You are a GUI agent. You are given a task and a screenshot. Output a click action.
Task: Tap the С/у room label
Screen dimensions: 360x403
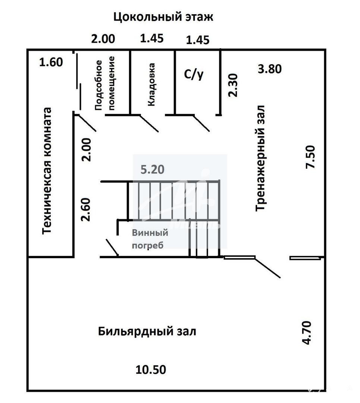coord(194,74)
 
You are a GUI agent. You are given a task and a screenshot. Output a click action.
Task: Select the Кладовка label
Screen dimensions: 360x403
coord(151,85)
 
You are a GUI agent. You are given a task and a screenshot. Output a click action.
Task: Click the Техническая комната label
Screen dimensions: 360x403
coord(47,171)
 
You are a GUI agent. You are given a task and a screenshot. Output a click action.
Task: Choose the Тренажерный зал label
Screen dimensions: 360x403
coord(260,158)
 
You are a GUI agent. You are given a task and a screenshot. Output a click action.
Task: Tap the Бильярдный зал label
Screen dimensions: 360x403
coord(147,331)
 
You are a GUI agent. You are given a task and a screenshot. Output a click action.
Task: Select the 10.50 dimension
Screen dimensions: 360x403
coord(151,369)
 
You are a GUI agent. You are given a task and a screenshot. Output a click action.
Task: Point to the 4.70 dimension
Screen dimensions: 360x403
coord(307,332)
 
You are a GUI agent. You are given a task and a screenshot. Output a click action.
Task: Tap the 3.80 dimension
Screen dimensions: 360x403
coord(270,69)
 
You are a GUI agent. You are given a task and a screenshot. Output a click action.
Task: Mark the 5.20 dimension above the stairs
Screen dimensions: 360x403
coord(152,170)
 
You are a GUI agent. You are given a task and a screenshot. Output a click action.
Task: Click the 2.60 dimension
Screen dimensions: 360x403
coord(86,210)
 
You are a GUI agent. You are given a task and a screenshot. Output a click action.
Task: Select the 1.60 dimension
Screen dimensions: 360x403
coord(51,62)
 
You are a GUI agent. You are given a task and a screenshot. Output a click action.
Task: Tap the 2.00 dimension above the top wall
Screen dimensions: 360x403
coord(103,39)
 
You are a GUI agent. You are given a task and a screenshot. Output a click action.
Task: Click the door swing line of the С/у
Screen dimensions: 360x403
coord(201,124)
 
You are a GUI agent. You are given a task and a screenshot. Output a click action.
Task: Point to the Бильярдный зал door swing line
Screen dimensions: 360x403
coord(267,268)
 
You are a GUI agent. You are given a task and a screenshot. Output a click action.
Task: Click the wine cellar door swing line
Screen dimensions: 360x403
coord(112,247)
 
